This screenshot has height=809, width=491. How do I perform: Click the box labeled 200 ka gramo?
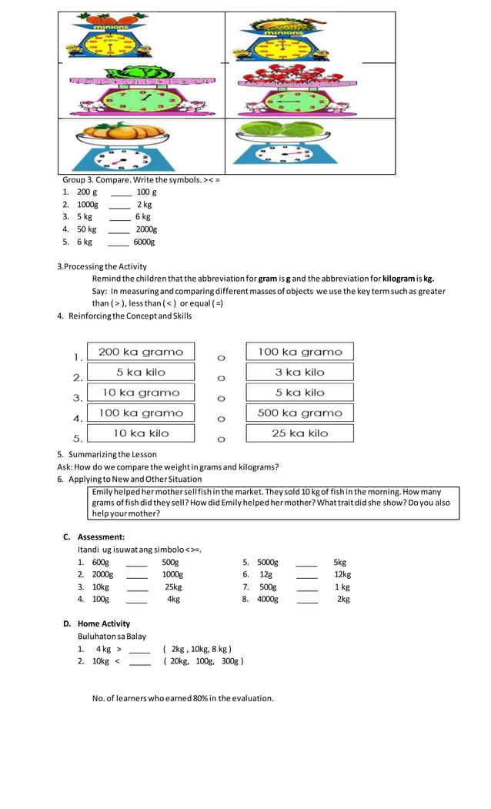pos(141,352)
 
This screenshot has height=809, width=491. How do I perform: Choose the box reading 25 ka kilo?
pos(299,433)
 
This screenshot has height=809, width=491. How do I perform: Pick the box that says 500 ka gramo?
pos(299,413)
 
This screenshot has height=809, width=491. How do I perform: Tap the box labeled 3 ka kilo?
pos(299,373)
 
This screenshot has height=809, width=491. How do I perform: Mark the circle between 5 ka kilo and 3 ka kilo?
pos(221,379)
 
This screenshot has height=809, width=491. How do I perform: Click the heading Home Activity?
pos(103,623)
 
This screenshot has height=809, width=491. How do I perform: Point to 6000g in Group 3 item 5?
pos(144,242)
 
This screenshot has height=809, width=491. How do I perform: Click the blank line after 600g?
pos(136,563)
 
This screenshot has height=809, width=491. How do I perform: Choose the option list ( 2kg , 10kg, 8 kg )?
pos(197,649)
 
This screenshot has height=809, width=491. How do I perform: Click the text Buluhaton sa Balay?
pos(112,637)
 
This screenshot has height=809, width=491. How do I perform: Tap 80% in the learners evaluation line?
pos(202,698)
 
